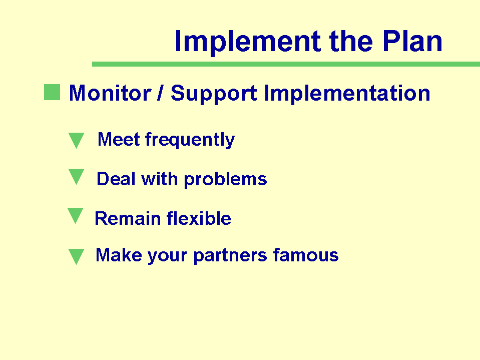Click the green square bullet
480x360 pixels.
click(52, 92)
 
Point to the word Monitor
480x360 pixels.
click(110, 93)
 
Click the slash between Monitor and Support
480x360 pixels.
click(160, 93)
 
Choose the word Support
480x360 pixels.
click(214, 93)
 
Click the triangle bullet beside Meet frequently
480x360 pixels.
click(76, 140)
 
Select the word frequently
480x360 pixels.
click(190, 140)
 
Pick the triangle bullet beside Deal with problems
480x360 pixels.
click(76, 177)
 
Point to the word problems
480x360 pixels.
click(226, 179)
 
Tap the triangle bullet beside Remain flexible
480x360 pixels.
click(75, 216)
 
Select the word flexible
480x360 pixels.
click(199, 218)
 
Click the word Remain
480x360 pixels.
click(128, 218)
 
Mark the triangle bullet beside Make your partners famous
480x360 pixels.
click(76, 256)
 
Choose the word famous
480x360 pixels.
click(306, 255)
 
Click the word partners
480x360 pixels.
click(230, 256)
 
